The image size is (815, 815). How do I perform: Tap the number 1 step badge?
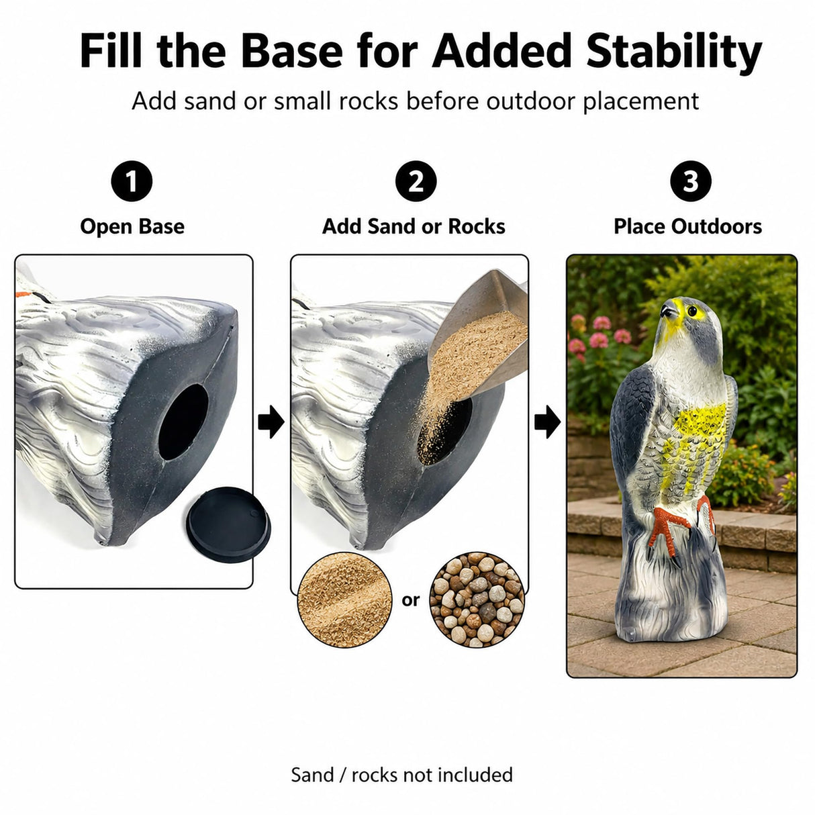[x=132, y=181]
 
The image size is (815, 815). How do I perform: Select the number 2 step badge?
[x=416, y=181]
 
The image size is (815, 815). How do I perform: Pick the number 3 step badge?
[x=690, y=181]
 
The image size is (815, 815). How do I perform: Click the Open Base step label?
[x=132, y=226]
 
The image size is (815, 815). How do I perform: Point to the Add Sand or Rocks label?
[x=414, y=226]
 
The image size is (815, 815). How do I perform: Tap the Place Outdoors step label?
[x=687, y=226]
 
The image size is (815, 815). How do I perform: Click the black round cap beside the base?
[x=228, y=524]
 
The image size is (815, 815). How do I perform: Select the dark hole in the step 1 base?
[x=183, y=422]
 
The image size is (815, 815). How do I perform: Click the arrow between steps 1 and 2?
[x=271, y=421]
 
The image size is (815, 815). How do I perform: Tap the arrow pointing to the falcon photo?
[x=547, y=421]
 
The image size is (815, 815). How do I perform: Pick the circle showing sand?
[x=344, y=600]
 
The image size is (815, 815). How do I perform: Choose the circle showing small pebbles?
[x=477, y=600]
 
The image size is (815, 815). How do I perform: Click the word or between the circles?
[x=411, y=600]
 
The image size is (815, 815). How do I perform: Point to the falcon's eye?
[x=692, y=311]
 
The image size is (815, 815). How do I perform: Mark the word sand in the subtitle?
[x=209, y=101]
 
